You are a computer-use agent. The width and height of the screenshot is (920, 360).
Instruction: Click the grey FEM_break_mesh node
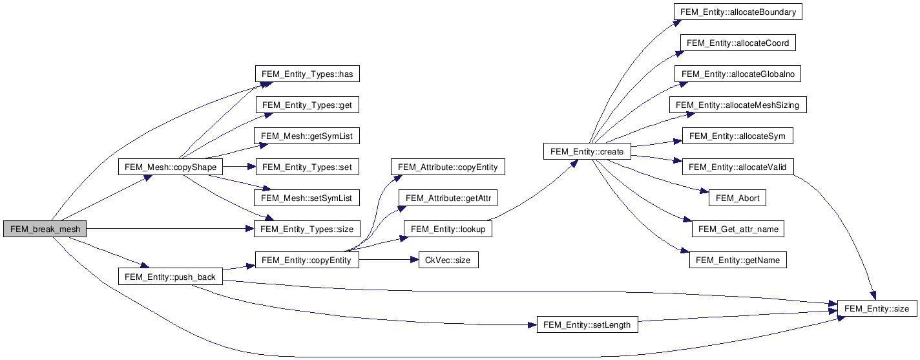point(45,229)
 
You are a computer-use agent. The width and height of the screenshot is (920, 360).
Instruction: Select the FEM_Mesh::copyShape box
point(171,167)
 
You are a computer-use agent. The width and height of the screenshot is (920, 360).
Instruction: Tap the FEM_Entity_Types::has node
point(307,74)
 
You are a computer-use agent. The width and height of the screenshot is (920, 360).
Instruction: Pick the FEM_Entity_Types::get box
point(307,105)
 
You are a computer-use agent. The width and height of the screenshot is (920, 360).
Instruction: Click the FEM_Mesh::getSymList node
point(307,136)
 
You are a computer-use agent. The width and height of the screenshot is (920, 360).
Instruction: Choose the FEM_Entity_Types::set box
point(307,167)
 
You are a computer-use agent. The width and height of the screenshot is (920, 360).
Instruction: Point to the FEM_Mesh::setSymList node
point(307,198)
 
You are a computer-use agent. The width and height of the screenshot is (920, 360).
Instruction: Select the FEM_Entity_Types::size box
point(307,229)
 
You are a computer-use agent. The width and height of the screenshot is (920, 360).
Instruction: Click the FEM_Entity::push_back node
point(171,277)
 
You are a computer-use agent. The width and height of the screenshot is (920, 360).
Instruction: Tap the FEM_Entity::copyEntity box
point(307,260)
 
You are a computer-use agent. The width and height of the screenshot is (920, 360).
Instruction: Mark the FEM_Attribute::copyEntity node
point(448,167)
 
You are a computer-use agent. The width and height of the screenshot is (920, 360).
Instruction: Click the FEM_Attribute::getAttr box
point(448,198)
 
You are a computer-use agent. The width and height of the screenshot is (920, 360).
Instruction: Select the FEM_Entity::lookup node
point(448,229)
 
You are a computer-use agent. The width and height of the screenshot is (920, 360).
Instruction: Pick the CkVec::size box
point(448,260)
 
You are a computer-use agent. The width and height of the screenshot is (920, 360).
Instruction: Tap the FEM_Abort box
point(737,198)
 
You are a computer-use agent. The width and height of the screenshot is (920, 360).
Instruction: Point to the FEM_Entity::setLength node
point(587,324)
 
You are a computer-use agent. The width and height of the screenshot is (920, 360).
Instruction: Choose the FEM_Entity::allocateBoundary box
point(737,12)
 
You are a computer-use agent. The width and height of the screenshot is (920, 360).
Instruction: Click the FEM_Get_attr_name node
point(737,229)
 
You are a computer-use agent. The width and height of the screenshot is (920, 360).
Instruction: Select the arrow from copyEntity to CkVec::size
point(385,260)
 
